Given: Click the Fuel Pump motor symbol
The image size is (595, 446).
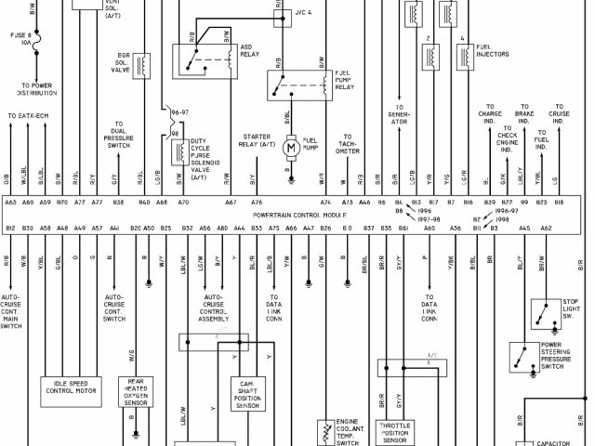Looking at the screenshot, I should tap(290, 147).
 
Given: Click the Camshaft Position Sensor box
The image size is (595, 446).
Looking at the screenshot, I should tap(247, 394).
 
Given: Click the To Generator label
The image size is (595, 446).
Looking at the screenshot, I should tap(399, 114).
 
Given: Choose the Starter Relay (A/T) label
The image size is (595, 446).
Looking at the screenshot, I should tap(258, 139).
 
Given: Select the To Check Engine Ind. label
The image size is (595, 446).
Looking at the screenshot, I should tap(507, 139).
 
